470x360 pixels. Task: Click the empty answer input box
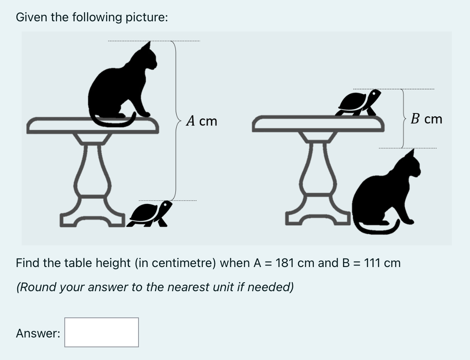(101, 332)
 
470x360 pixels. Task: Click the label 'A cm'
(201, 121)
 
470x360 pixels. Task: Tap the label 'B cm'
(427, 119)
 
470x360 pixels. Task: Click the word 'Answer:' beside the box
(38, 333)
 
